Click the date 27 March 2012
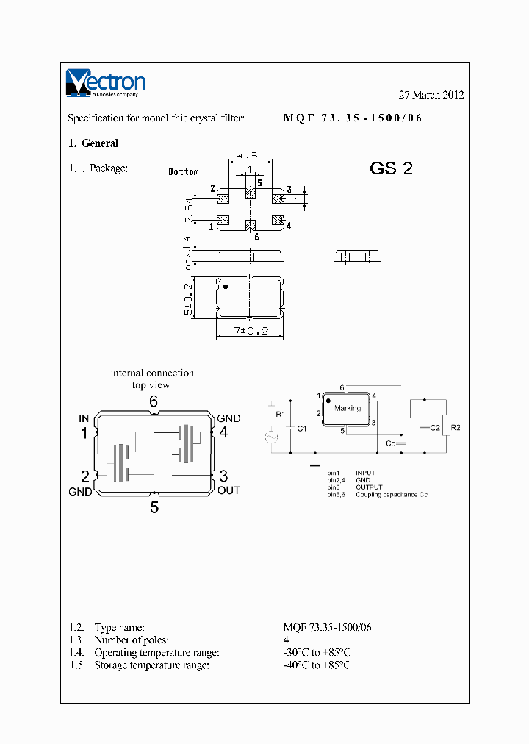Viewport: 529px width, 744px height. point(431,95)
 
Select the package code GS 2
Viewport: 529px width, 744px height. point(391,168)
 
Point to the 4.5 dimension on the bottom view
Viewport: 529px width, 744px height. point(248,156)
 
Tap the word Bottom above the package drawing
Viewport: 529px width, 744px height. point(183,171)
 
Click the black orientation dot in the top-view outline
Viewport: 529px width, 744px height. point(226,286)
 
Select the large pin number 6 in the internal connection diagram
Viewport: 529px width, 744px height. point(154,401)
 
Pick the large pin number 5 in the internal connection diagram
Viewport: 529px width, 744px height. point(154,507)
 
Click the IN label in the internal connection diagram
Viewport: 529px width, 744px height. point(84,418)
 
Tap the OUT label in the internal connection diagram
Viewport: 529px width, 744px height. point(228,490)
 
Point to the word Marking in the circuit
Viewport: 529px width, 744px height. point(348,408)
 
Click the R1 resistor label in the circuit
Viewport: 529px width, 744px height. point(280,415)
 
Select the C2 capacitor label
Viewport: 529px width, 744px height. point(434,427)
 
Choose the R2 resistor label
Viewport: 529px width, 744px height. point(456,427)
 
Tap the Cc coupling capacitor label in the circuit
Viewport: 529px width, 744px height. point(390,444)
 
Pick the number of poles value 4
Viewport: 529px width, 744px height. point(286,640)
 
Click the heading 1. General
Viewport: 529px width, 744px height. point(93,143)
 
